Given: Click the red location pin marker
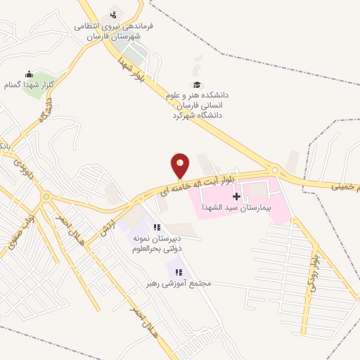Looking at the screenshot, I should point(180,166).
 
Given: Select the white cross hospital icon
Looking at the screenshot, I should point(236,196).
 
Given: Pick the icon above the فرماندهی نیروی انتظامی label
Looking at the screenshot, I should point(113,15).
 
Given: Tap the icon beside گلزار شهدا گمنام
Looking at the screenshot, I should point(29,74).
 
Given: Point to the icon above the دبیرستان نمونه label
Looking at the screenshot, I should point(157,226).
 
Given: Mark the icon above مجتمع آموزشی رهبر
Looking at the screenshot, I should point(176,270).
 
